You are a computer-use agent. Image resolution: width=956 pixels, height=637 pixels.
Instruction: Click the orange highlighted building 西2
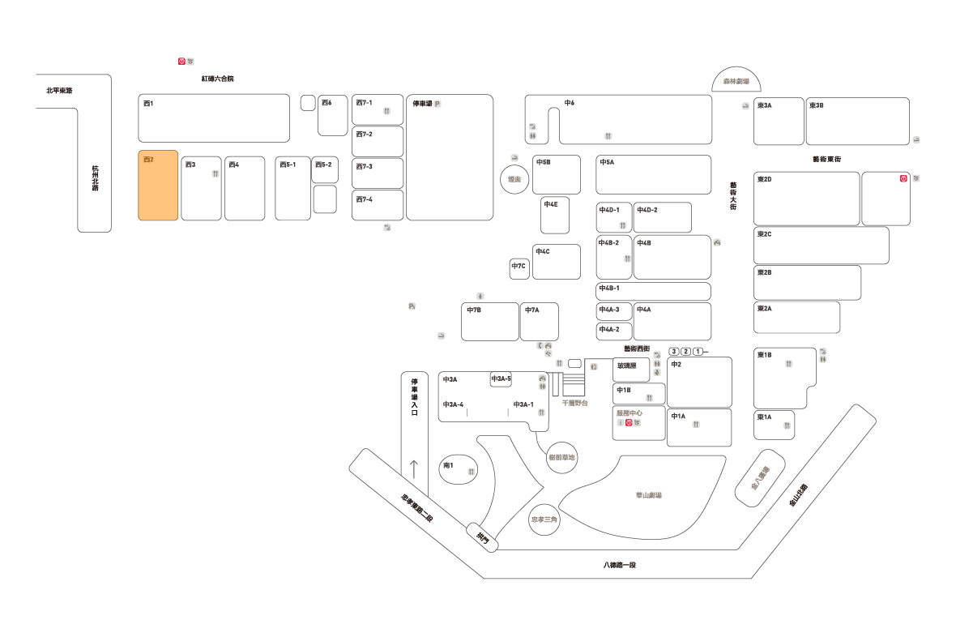click(157, 185)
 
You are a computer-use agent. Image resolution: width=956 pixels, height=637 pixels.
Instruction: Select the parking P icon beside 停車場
click(437, 104)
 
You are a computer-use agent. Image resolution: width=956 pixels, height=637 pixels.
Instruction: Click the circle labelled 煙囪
click(513, 179)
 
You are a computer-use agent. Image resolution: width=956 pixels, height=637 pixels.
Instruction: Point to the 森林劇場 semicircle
click(736, 80)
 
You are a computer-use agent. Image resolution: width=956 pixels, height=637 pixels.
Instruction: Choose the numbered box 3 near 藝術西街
click(674, 351)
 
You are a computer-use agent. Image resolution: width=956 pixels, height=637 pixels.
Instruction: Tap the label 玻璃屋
click(626, 366)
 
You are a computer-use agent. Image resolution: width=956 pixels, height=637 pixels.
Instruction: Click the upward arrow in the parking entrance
click(414, 468)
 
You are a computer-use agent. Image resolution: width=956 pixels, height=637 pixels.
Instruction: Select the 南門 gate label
click(483, 536)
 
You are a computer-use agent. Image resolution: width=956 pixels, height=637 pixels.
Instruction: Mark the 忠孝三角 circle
click(544, 519)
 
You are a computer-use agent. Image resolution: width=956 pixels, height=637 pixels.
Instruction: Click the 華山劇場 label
click(648, 495)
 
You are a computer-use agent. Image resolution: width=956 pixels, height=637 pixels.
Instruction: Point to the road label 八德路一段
click(620, 564)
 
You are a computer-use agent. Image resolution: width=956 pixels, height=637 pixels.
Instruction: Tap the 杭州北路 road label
click(95, 179)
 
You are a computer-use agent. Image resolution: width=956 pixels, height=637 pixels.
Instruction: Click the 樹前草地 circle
click(561, 457)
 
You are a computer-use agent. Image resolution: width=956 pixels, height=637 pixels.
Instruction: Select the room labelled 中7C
click(519, 266)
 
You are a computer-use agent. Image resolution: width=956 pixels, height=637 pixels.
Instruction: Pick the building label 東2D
click(764, 179)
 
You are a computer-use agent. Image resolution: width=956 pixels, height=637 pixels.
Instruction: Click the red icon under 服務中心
click(628, 422)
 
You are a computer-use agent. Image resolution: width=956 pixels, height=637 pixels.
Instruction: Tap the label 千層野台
click(574, 403)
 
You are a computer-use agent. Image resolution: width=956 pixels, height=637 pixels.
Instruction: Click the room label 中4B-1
click(609, 288)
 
